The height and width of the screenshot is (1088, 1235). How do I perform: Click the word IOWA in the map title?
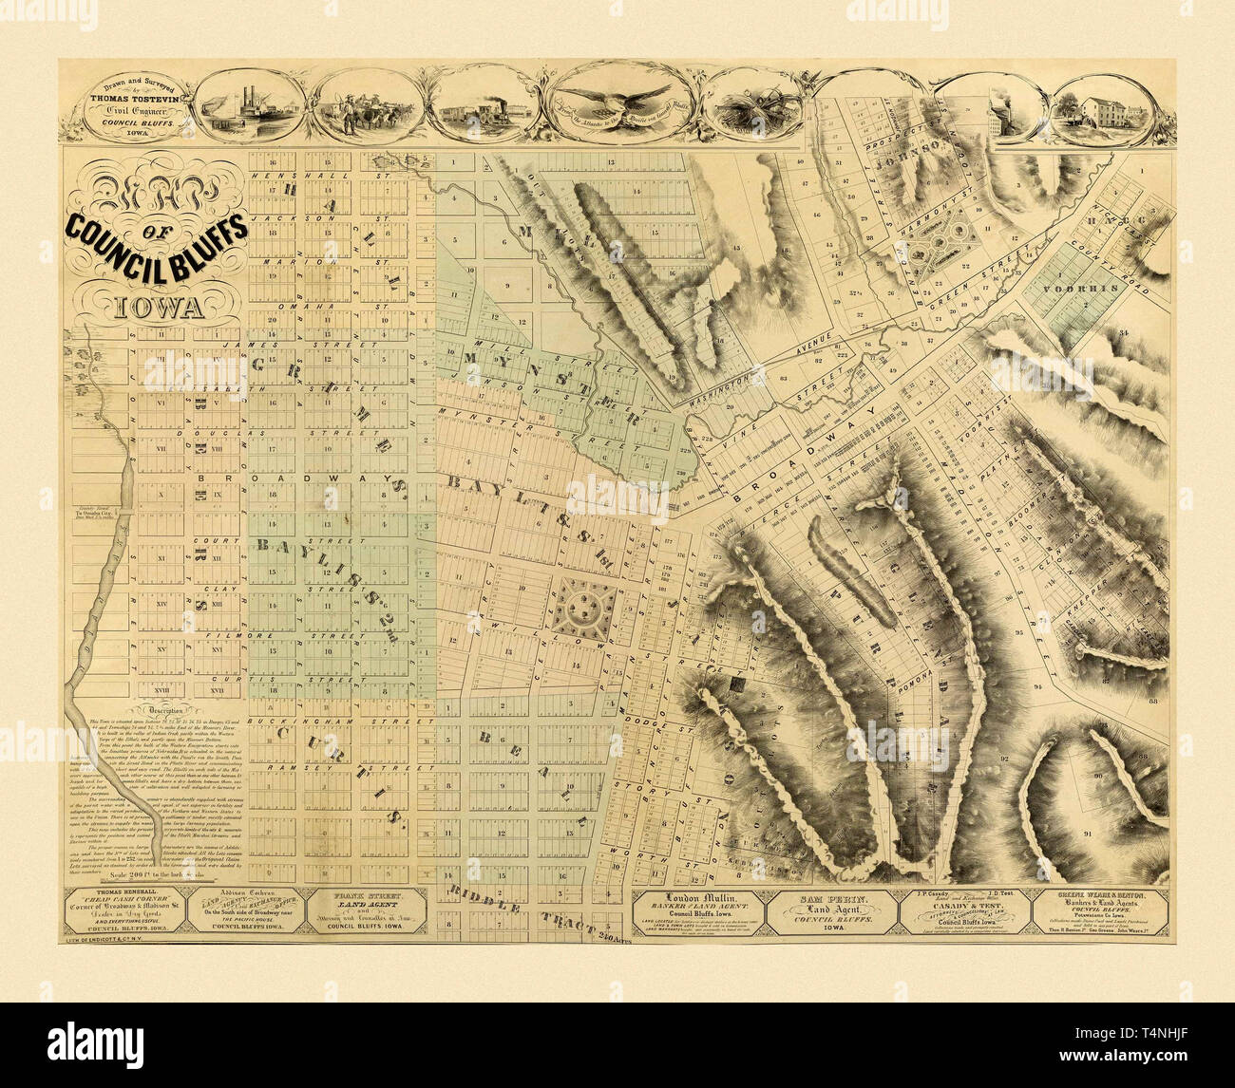157,308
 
